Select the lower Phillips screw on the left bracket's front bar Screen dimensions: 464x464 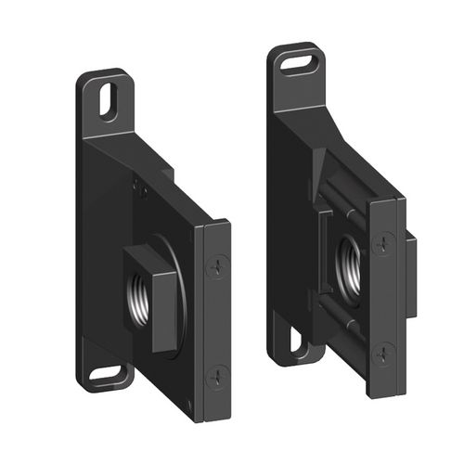point(217,375)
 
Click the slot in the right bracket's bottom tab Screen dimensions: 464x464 point(298,340)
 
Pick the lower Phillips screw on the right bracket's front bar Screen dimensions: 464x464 point(384,352)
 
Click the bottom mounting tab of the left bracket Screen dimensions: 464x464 point(109,371)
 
